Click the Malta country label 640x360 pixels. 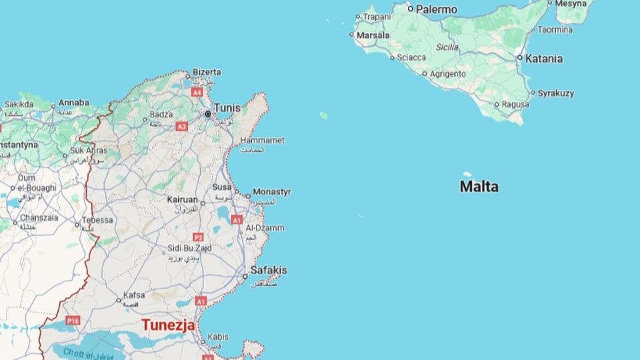click(479, 187)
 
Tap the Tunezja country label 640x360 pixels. click(168, 325)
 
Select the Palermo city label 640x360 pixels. click(437, 9)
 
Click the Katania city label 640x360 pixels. click(543, 59)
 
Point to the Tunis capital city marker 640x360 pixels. click(208, 114)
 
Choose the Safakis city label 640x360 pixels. click(268, 270)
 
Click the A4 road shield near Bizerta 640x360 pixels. click(196, 93)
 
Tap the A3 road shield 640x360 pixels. click(181, 125)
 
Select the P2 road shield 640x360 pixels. click(197, 237)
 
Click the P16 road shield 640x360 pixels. click(73, 321)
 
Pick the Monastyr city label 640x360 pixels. click(271, 192)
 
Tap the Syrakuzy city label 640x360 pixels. click(555, 93)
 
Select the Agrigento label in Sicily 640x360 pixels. click(448, 74)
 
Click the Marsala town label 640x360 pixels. click(373, 35)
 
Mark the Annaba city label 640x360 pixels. click(74, 103)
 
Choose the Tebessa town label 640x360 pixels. click(97, 220)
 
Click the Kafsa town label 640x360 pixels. click(134, 295)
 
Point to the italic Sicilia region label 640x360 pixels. click(447, 47)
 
